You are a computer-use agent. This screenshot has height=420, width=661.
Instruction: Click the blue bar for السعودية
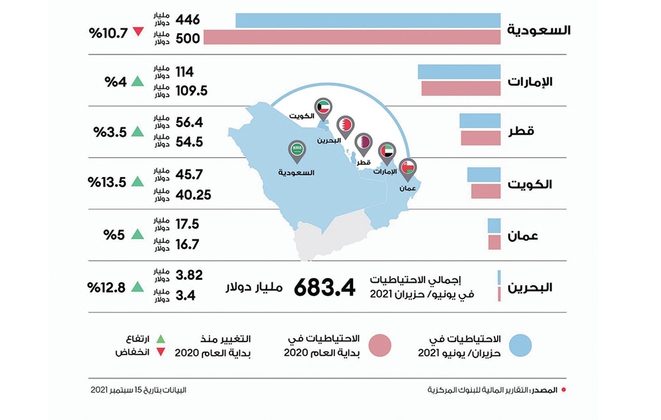tap(368, 20)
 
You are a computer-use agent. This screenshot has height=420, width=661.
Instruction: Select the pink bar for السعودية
tap(352, 38)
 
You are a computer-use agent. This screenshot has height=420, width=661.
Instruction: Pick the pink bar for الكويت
tap(486, 192)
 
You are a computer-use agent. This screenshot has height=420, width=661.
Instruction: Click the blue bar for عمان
tap(494, 225)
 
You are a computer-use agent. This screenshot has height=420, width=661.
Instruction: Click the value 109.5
tap(192, 90)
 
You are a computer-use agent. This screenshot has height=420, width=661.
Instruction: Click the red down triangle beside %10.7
tap(137, 31)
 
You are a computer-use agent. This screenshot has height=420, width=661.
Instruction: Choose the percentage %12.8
tap(106, 287)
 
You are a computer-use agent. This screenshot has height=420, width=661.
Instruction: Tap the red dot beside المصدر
tap(563, 390)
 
